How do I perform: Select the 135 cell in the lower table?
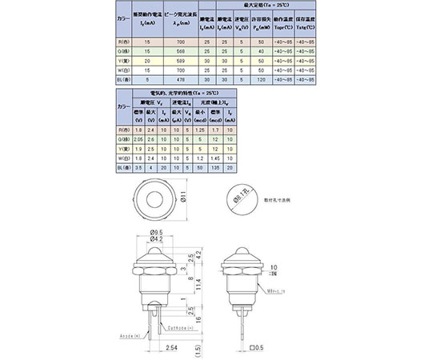coord(215,168)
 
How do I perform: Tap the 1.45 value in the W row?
coord(215,158)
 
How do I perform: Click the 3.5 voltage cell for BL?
coord(138,168)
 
